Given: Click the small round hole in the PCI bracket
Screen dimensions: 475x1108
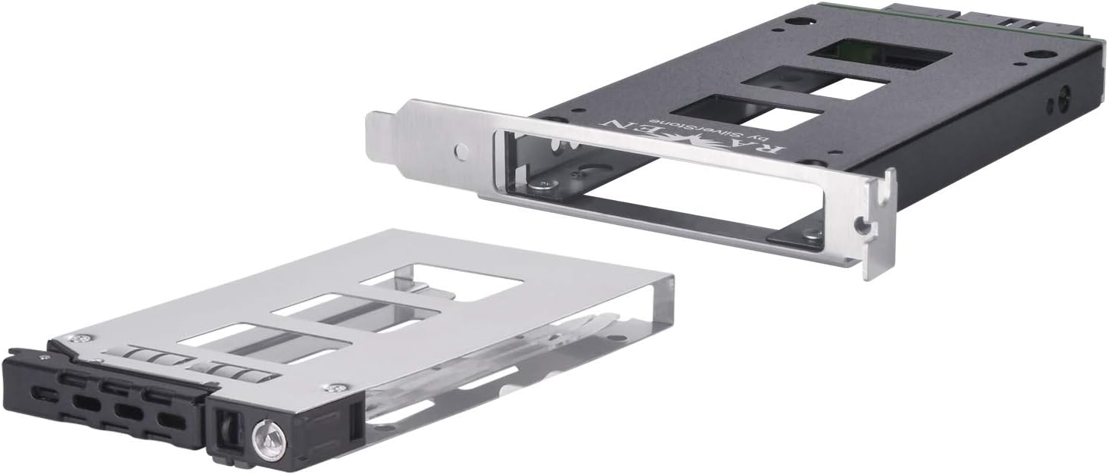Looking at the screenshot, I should pos(460,152).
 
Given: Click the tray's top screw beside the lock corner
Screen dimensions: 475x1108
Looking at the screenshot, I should pos(330,387).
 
